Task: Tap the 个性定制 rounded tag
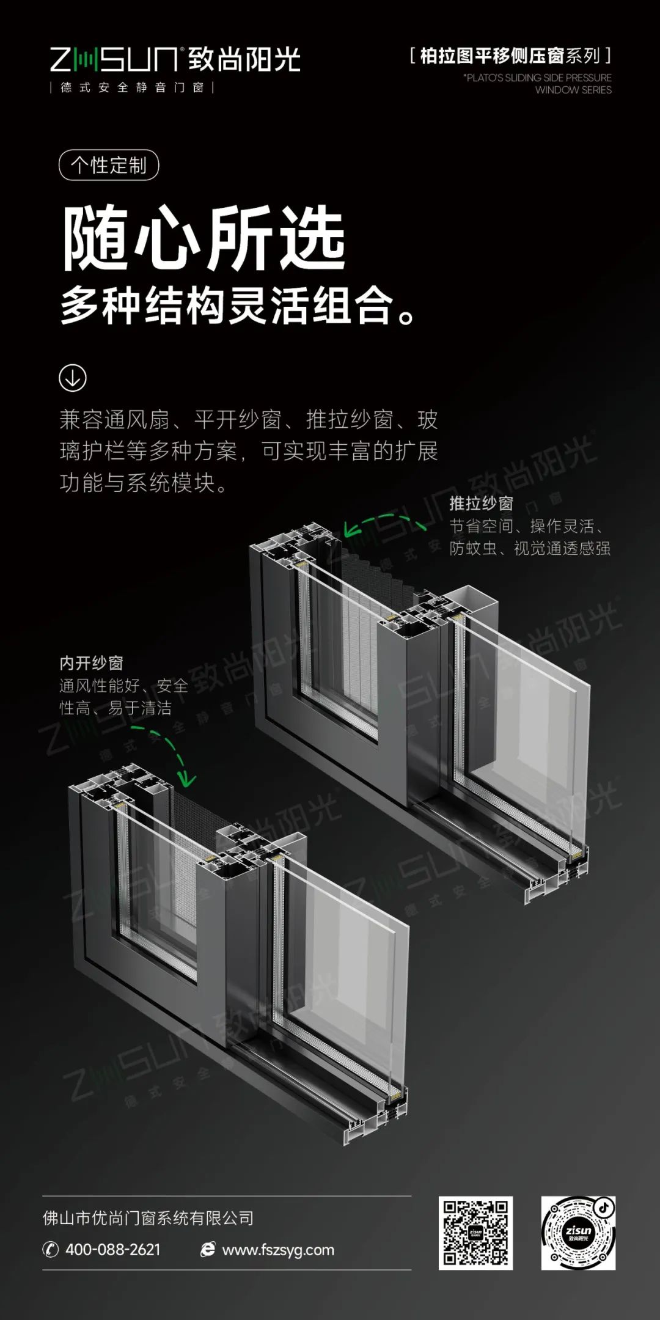pyautogui.click(x=109, y=165)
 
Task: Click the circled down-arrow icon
pyautogui.click(x=73, y=378)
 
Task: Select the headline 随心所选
pyautogui.click(x=204, y=238)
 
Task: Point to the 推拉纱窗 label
pyautogui.click(x=481, y=504)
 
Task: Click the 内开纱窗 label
pyautogui.click(x=92, y=663)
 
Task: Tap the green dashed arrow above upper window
pyautogui.click(x=385, y=523)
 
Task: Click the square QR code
pyautogui.click(x=475, y=1233)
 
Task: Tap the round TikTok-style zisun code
pyautogui.click(x=578, y=1233)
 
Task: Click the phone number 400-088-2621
pyautogui.click(x=113, y=1250)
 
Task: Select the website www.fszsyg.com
pyautogui.click(x=278, y=1250)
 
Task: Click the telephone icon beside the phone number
pyautogui.click(x=50, y=1250)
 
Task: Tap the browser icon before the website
pyautogui.click(x=208, y=1250)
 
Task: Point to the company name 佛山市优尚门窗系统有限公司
pyautogui.click(x=148, y=1218)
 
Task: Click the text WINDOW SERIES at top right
pyautogui.click(x=573, y=90)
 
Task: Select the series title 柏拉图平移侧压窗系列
pyautogui.click(x=510, y=56)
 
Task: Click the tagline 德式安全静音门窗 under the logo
pyautogui.click(x=132, y=87)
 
